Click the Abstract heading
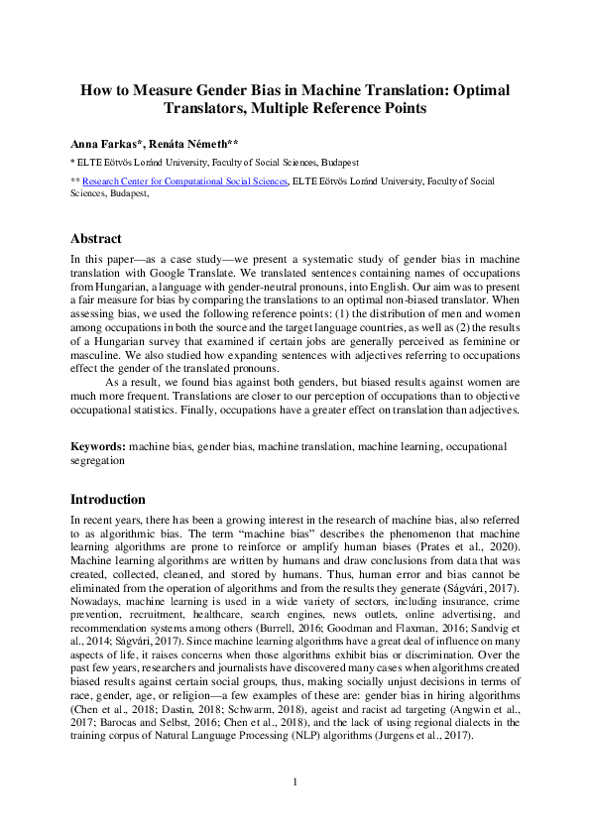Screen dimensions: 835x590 click(x=96, y=239)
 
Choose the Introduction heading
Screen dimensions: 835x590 click(x=108, y=499)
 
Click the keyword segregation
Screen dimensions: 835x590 click(x=97, y=460)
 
